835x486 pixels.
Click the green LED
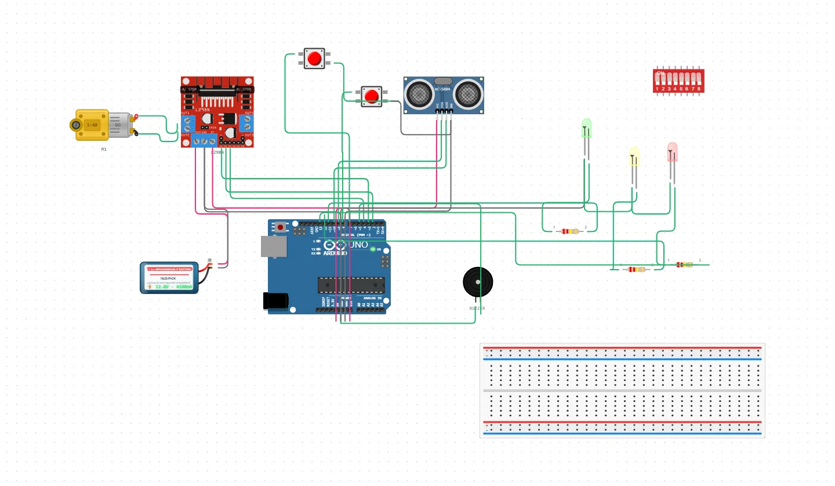tap(586, 128)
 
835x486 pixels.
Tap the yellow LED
tap(634, 156)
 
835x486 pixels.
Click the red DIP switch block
tap(678, 81)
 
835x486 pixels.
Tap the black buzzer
tap(478, 282)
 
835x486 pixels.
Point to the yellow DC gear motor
tap(93, 125)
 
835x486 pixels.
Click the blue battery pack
tap(169, 277)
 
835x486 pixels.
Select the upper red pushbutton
tap(314, 59)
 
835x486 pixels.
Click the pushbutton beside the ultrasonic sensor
tap(371, 96)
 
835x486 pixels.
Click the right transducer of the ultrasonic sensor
tap(468, 93)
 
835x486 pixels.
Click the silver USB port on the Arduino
tap(273, 246)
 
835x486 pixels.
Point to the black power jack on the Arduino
tap(275, 300)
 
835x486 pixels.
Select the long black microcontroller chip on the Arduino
tap(351, 285)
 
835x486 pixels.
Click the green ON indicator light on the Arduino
tap(373, 249)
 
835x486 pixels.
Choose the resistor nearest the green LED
tap(570, 231)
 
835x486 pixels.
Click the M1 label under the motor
tap(104, 149)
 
